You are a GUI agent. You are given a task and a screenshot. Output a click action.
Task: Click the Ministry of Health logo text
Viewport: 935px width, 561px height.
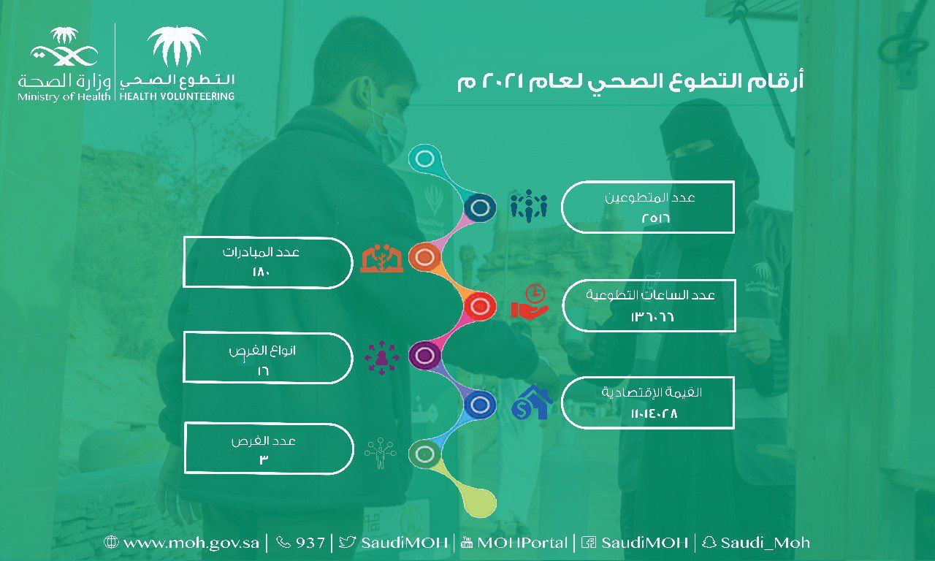(x=64, y=97)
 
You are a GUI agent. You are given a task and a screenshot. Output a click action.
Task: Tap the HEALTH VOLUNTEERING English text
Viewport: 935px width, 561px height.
(x=177, y=96)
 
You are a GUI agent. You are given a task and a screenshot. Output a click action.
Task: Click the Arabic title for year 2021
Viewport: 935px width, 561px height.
(x=630, y=81)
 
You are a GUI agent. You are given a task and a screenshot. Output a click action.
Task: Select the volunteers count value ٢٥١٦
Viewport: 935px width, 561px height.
(x=656, y=218)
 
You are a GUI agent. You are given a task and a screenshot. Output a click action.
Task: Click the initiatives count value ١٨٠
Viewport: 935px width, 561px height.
(x=262, y=272)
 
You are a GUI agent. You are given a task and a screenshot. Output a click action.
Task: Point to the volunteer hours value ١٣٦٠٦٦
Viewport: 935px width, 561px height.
(x=652, y=317)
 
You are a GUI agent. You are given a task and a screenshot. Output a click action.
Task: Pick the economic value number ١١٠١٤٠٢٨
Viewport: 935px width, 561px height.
(x=654, y=414)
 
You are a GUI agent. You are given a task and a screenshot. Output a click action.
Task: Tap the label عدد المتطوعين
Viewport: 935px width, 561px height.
(x=650, y=197)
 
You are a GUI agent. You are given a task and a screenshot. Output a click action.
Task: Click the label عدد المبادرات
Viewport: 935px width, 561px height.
(x=261, y=252)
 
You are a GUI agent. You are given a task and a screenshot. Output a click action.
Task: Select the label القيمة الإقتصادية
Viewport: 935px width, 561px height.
(x=652, y=392)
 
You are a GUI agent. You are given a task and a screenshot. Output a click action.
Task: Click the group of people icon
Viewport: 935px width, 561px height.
(x=529, y=206)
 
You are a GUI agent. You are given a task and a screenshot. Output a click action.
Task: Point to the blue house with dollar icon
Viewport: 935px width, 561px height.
(x=531, y=402)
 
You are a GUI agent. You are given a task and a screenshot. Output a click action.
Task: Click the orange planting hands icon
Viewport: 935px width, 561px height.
(x=382, y=259)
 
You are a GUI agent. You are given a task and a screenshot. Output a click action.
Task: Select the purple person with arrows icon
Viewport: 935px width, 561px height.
(x=381, y=357)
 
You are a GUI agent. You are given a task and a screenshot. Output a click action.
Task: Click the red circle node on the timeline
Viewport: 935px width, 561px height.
(x=479, y=306)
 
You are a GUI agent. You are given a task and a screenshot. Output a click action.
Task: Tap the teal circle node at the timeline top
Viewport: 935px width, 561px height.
(x=425, y=159)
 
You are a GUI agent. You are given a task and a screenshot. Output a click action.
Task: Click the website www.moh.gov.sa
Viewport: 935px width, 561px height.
(x=182, y=543)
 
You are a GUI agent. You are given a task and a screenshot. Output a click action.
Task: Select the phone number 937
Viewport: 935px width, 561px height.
(x=301, y=543)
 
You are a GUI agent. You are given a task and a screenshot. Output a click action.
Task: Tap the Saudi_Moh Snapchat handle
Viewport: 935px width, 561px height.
(x=756, y=543)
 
